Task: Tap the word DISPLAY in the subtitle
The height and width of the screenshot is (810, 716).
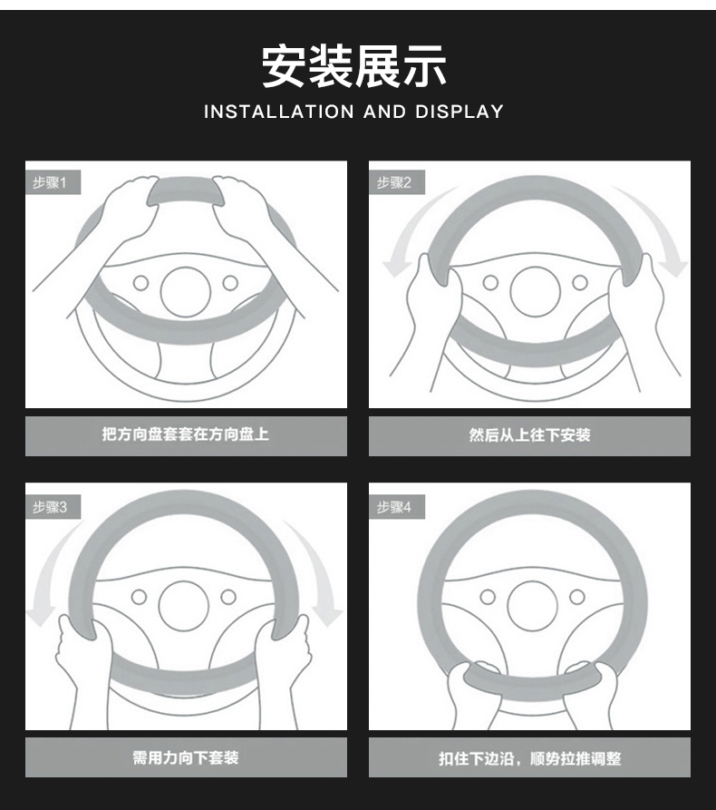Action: tap(459, 112)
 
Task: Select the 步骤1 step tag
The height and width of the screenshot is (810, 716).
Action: tap(51, 183)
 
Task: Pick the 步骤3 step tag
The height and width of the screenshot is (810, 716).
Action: tap(51, 508)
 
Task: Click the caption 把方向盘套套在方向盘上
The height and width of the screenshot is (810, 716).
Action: tap(185, 434)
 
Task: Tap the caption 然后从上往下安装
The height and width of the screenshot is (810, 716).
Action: tap(529, 434)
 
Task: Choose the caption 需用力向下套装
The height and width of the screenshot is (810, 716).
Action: tap(185, 757)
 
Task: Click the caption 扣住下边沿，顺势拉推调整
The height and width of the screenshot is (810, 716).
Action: tap(529, 758)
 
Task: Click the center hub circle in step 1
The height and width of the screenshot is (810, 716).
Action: tap(185, 291)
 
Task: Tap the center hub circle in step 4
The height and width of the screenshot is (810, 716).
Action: tap(531, 605)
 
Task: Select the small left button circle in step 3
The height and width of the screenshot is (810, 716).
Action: tap(140, 597)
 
